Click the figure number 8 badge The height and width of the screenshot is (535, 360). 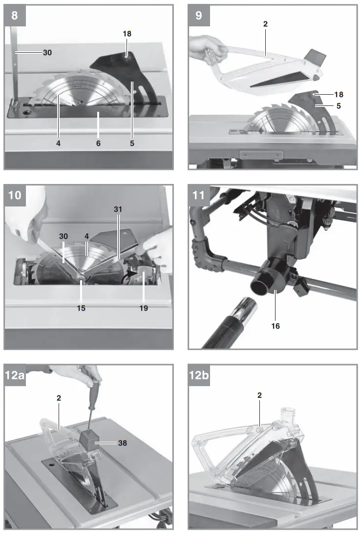15,16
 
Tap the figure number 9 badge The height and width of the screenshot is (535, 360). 198,16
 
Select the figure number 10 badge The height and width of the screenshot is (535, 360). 16,195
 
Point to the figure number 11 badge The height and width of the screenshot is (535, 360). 199,195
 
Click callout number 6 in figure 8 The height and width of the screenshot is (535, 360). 98,144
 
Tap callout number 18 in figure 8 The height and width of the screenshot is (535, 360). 127,34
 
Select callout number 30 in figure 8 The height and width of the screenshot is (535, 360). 47,52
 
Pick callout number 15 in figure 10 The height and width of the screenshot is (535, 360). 81,309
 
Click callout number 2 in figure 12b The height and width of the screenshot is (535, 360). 260,395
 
